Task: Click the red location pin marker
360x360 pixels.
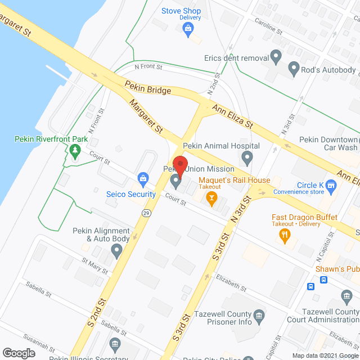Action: click(179, 163)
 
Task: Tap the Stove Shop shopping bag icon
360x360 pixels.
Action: click(190, 32)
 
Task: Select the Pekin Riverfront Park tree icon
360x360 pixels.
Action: click(74, 151)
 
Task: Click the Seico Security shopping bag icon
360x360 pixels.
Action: click(143, 180)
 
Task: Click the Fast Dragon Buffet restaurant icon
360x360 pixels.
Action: click(286, 237)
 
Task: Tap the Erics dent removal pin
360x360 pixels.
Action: click(276, 56)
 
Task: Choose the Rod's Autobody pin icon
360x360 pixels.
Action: click(293, 70)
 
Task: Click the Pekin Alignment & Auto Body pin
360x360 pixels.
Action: click(116, 251)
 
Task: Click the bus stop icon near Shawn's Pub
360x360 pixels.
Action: click(310, 286)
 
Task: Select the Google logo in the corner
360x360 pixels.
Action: click(19, 353)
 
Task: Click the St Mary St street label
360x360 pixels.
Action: click(94, 266)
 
